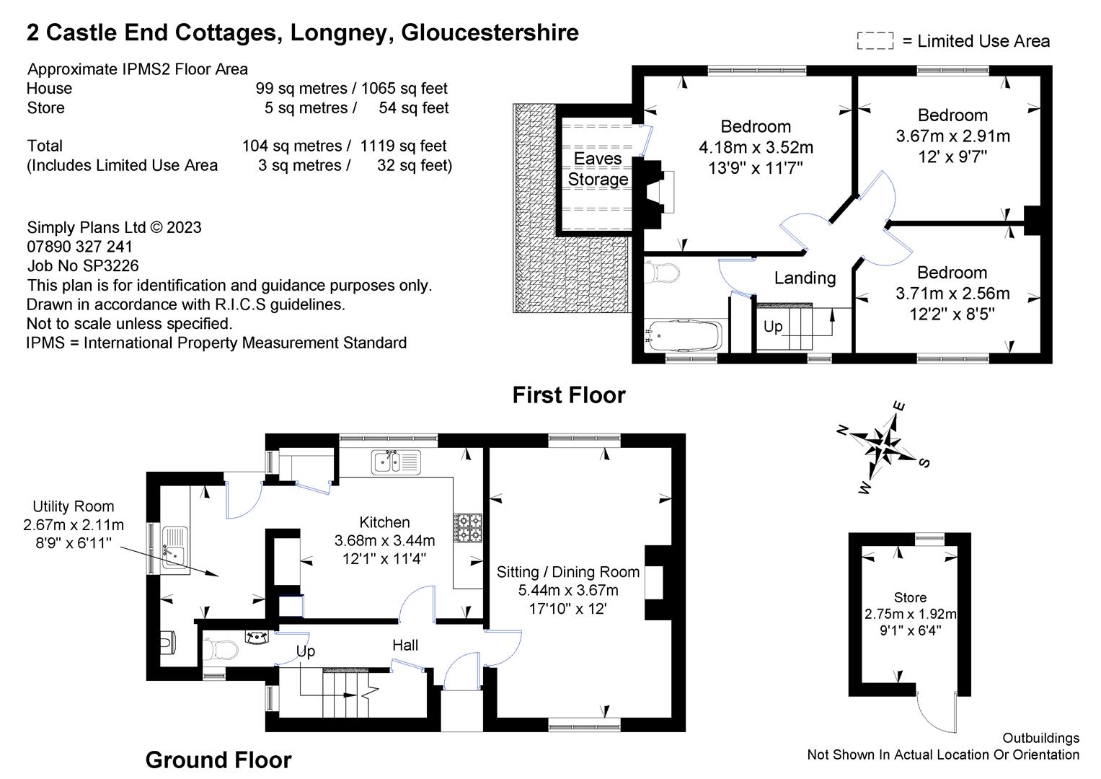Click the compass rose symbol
[883, 446]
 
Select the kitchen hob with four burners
[468, 527]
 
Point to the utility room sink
[175, 547]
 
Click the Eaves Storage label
[598, 169]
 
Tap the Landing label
[805, 278]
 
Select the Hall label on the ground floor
[405, 645]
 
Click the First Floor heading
[568, 395]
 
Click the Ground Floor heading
[218, 760]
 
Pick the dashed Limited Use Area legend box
[875, 41]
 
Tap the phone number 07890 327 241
[80, 246]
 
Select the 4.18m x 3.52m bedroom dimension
[756, 148]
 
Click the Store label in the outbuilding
[910, 597]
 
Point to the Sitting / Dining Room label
[568, 572]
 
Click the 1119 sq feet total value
[403, 146]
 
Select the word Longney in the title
[340, 32]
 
